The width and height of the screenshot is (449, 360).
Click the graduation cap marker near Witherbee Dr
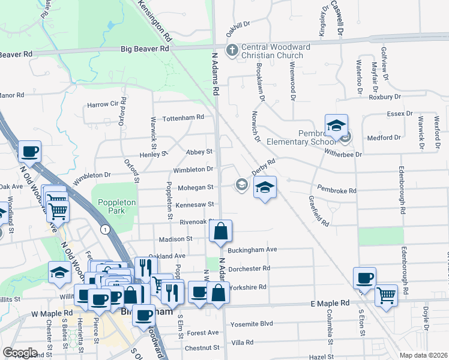coord(336,125)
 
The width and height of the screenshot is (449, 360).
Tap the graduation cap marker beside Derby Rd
coord(265,187)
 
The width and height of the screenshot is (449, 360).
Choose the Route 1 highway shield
coord(105,229)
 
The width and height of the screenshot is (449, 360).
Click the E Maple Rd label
coord(330,304)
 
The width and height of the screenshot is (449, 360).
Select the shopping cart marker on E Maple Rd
coord(386,295)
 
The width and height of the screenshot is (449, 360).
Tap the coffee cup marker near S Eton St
coord(364,278)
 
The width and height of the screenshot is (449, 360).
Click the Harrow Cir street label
coord(103,104)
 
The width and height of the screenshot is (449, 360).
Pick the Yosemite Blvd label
coord(252,325)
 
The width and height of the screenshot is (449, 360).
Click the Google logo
coord(20,353)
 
